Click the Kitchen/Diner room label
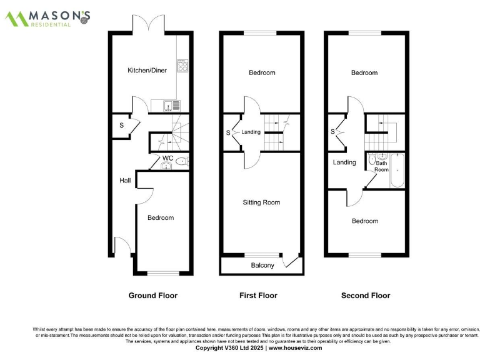pos(147,71)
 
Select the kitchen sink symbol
pos(171,105)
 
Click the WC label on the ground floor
pos(167,158)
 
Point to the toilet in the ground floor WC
pos(181,161)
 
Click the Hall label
pos(125,181)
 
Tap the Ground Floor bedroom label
pos(161,217)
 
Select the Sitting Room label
pos(262,202)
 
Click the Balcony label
pos(262,266)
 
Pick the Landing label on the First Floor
pos(251,132)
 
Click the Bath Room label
pos(381,166)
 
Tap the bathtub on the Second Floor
pos(396,170)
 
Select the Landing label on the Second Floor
pos(344,162)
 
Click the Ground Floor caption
pos(152,296)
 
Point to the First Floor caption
pos(258,296)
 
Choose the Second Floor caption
pos(366,296)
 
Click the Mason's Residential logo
pos(48,18)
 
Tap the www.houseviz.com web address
pos(296,348)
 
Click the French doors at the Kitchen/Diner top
pos(149,25)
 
